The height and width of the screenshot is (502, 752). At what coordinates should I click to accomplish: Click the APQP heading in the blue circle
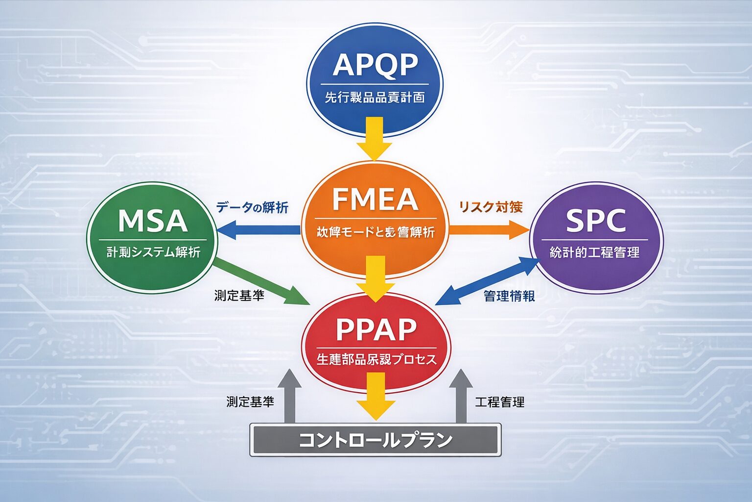pyautogui.click(x=375, y=65)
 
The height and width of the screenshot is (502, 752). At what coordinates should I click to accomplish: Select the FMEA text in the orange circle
pyautogui.click(x=375, y=200)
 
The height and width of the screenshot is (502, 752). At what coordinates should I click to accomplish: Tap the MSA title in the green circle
pyautogui.click(x=153, y=221)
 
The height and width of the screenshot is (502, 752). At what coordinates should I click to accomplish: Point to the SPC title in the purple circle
pyautogui.click(x=596, y=221)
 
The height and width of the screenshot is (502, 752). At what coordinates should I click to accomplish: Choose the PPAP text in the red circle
pyautogui.click(x=376, y=329)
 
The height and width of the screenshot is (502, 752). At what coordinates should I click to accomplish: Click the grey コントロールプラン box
pyautogui.click(x=376, y=440)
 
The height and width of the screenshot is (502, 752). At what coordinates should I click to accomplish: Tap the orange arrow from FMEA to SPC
pyautogui.click(x=489, y=229)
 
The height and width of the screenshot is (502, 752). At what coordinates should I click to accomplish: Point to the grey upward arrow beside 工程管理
pyautogui.click(x=460, y=397)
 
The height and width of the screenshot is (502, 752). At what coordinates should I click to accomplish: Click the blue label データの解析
pyautogui.click(x=252, y=207)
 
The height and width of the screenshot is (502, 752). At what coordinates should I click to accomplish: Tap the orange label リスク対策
pyautogui.click(x=491, y=207)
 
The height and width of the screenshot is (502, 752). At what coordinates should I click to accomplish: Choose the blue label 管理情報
pyautogui.click(x=509, y=296)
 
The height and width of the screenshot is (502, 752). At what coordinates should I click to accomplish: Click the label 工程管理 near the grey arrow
pyautogui.click(x=500, y=402)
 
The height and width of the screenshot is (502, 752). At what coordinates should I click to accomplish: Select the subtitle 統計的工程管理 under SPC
pyautogui.click(x=595, y=253)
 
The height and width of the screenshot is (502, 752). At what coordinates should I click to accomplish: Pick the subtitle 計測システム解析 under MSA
pyautogui.click(x=153, y=253)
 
